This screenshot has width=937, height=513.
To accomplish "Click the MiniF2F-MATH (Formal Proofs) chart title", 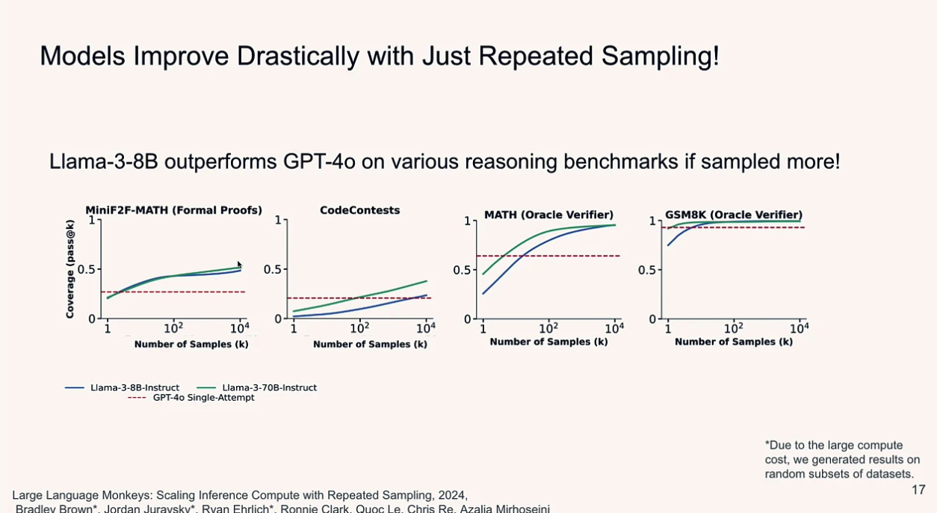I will coord(173,210).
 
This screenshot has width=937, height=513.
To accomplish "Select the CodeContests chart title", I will coord(359,210).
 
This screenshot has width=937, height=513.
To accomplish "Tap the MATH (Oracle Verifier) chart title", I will coord(548,215).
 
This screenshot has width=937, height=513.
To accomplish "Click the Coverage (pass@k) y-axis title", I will coord(70,269).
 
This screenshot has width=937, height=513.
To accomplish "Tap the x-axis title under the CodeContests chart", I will coord(370,344).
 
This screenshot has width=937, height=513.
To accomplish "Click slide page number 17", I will coord(918,490).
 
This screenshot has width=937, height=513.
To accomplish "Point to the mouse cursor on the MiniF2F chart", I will coord(239,265).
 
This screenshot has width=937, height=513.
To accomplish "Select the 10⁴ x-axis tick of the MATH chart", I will coord(613,328).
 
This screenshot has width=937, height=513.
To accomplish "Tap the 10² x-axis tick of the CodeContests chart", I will coord(359,328).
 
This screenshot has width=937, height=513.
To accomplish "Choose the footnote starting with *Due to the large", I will coord(839,459).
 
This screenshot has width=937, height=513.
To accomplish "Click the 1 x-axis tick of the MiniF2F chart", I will coord(108,328).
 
